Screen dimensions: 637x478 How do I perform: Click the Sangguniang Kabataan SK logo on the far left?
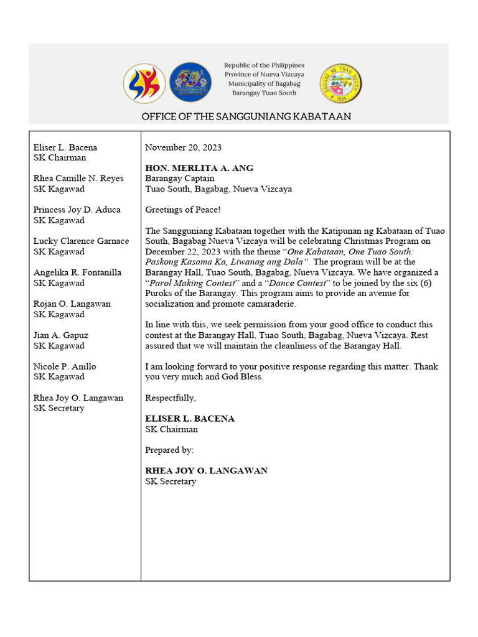tap(144, 83)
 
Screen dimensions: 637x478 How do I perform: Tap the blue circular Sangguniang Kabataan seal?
tap(190, 83)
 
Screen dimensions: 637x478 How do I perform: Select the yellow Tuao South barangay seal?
tap(340, 83)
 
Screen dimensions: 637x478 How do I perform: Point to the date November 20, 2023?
tap(183, 147)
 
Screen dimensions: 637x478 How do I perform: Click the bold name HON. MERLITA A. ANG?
tap(199, 168)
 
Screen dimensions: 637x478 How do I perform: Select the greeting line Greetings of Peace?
tap(182, 210)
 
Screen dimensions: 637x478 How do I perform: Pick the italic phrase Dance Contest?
tap(296, 282)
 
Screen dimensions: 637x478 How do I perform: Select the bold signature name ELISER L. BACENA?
tap(190, 419)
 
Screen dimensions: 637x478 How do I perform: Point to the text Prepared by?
tap(169, 450)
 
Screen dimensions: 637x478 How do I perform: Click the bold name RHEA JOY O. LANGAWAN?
tap(206, 471)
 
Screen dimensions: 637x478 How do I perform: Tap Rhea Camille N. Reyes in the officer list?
tap(78, 179)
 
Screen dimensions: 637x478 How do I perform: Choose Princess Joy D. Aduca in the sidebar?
tap(77, 210)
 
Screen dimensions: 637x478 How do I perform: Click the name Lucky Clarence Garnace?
tap(81, 241)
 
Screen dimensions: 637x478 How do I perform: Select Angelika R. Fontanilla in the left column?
tap(77, 272)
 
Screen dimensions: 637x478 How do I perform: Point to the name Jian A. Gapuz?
tap(60, 335)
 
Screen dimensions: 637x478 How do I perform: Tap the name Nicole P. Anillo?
tap(65, 366)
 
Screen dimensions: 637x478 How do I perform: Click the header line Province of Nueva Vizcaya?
tap(265, 74)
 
